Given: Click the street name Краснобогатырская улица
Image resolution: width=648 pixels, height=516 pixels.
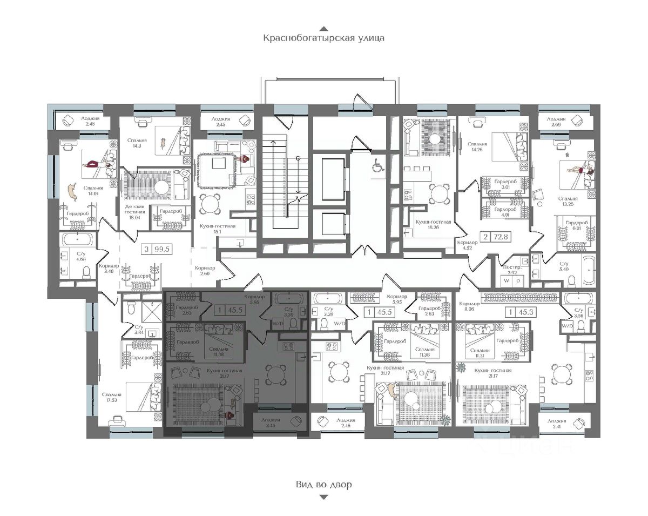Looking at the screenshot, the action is (x=323, y=38).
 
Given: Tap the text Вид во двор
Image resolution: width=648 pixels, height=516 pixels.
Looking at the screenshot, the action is (x=323, y=484).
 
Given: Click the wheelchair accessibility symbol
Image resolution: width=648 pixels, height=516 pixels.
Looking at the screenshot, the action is (x=377, y=167).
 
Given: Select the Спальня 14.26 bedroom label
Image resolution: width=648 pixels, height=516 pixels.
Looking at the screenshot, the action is (x=477, y=147).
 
